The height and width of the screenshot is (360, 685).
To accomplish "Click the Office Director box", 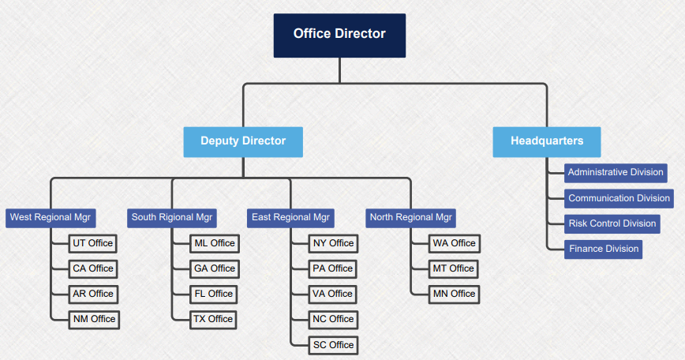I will tap(339, 35).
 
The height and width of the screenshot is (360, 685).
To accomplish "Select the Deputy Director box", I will tap(243, 141).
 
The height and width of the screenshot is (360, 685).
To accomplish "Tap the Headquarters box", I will tap(547, 141).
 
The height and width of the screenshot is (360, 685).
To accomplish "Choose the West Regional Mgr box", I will tap(51, 217).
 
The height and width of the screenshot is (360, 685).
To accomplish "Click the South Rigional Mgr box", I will tap(172, 217).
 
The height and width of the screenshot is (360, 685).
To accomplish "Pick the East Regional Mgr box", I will tap(290, 217).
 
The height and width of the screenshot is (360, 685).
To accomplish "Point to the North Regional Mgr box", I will tap(411, 217).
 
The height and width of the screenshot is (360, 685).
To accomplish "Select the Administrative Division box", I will tap(616, 172).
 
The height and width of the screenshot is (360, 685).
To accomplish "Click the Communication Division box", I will tap(619, 198).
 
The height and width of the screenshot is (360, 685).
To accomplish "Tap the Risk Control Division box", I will tap(612, 223).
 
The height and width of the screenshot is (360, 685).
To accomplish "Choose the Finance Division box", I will tap(603, 249).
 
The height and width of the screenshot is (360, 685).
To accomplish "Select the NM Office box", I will tap(94, 319).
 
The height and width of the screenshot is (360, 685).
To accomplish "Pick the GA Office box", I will tap(215, 268).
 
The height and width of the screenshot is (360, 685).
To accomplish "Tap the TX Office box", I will tap(213, 319).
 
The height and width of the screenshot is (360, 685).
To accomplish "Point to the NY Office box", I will tap(333, 243).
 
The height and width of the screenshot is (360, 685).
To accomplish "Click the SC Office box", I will tap(333, 345).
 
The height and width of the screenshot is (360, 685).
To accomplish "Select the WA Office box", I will tap(454, 243).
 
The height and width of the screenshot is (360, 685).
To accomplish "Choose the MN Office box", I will tap(454, 294).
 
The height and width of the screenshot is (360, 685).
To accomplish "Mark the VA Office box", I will tap(333, 294).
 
